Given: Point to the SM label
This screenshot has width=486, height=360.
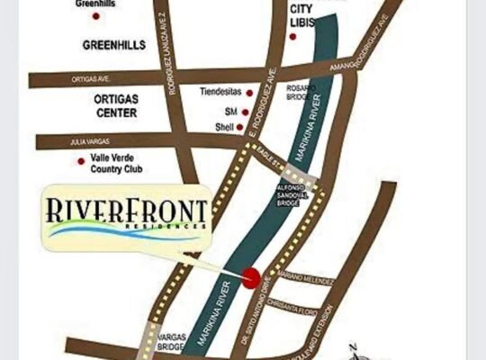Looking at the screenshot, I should [230, 112].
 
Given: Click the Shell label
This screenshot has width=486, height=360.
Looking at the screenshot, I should [223, 128].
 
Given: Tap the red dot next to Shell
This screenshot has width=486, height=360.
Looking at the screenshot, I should [240, 128].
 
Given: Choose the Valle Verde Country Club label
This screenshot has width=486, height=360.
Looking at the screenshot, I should [118, 163].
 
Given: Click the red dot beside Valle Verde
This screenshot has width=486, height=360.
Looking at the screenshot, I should [80, 161].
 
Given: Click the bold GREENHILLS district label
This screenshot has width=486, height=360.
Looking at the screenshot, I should [113, 44].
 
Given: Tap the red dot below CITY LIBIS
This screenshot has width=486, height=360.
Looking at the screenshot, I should [293, 36].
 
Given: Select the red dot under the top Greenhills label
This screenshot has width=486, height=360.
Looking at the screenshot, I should [96, 16].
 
